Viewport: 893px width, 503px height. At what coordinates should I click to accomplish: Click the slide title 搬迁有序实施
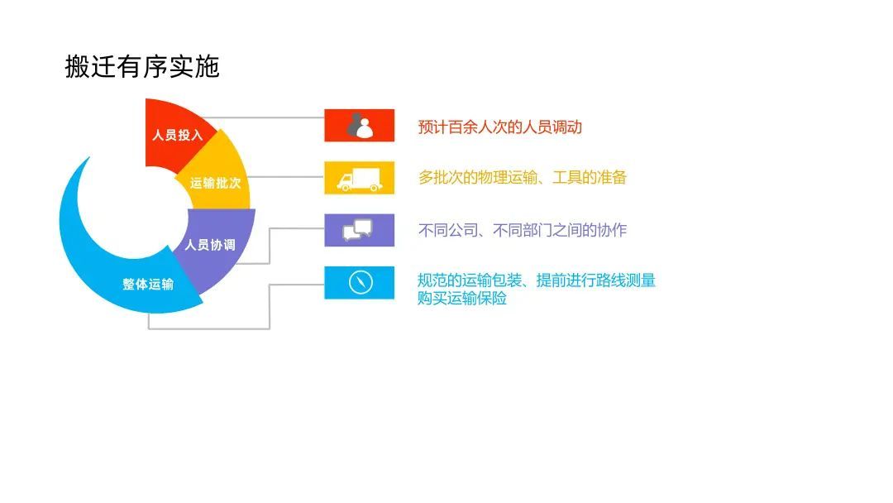click(141, 67)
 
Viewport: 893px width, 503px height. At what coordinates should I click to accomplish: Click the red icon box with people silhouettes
click(359, 125)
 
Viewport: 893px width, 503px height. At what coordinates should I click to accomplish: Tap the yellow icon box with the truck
click(359, 178)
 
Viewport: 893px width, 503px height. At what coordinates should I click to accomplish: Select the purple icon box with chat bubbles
click(359, 230)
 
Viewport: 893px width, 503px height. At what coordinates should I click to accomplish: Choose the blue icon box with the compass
click(359, 282)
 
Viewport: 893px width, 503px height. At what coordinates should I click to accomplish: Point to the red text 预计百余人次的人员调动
click(500, 127)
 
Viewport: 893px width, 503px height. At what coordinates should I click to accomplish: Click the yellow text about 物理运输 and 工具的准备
click(523, 177)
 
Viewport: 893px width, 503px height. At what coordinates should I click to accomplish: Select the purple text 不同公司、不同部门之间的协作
click(523, 230)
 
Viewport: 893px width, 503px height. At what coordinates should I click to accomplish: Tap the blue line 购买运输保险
click(462, 299)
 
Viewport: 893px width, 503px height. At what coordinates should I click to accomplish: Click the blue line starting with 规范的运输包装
click(537, 280)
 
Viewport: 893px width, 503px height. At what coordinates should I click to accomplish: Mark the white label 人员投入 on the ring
click(177, 135)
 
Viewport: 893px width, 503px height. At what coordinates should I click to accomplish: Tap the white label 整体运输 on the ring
click(148, 284)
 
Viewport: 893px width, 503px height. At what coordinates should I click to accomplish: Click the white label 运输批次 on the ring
click(215, 183)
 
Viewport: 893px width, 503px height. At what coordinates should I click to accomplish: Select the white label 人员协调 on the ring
click(209, 245)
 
